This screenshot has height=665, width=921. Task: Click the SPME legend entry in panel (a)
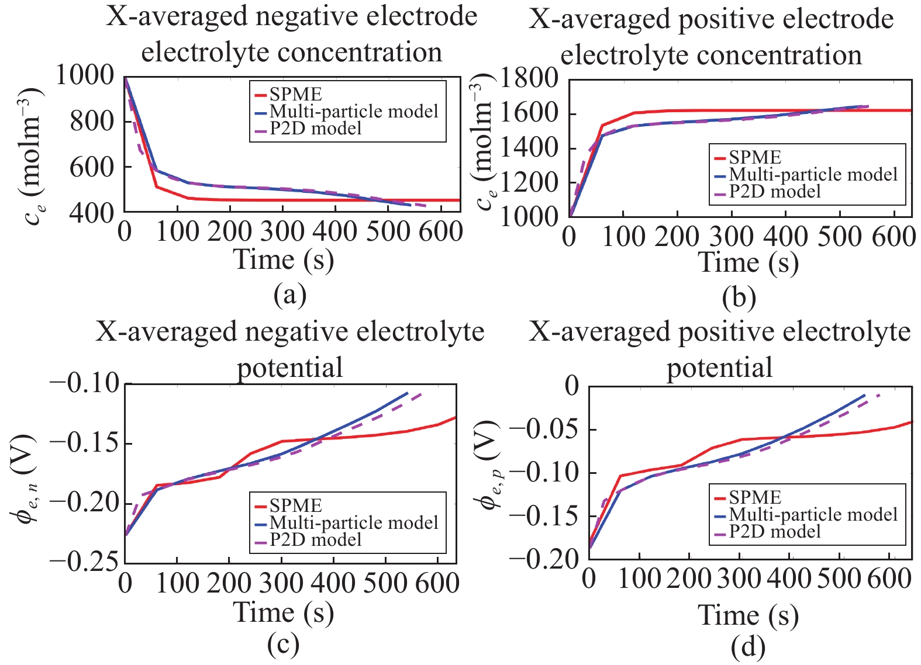[x=295, y=95]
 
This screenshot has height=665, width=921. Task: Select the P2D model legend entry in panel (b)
[x=775, y=192]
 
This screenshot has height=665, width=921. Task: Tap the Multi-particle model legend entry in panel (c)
[x=354, y=522]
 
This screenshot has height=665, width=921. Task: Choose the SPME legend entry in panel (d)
[x=755, y=497]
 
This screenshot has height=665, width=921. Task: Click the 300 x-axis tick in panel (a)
[x=282, y=232]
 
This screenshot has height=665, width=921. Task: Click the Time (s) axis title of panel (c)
[x=284, y=612]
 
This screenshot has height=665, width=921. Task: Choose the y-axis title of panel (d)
[x=489, y=465]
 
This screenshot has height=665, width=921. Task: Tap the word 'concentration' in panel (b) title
[x=711, y=55]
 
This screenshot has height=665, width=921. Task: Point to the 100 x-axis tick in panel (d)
[x=639, y=579]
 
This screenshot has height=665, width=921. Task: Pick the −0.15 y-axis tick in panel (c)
[x=85, y=443]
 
